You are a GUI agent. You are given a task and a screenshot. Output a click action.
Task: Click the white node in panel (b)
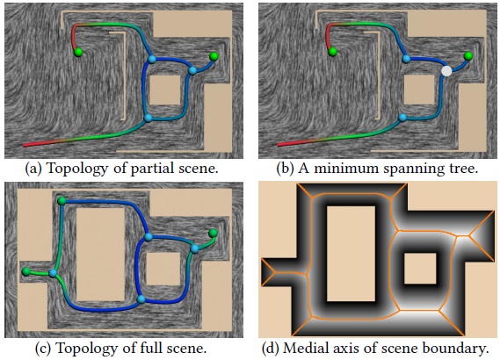[x=446, y=71]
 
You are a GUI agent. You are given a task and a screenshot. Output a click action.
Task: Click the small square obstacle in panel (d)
[x=420, y=269]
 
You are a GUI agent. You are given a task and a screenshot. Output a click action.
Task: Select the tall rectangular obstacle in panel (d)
[x=351, y=254]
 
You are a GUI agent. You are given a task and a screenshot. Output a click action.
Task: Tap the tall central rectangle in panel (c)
[x=100, y=255]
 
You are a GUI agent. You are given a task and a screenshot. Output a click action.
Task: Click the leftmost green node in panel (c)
[x=26, y=271]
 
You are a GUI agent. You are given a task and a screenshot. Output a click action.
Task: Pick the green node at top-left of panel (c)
[x=62, y=201]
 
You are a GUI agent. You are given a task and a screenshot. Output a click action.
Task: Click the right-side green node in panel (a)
[x=214, y=57]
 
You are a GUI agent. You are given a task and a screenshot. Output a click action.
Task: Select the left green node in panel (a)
[x=78, y=53]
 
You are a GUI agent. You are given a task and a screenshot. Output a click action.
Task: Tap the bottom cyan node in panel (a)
[x=148, y=119]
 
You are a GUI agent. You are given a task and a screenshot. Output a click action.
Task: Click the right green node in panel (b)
[x=467, y=56]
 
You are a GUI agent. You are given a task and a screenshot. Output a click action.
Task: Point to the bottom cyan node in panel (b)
[x=402, y=118]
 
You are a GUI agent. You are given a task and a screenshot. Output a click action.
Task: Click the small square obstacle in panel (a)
[x=165, y=90]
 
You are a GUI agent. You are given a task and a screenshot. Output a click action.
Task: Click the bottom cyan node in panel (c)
[x=141, y=299]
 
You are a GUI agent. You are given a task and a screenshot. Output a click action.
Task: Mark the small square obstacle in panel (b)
[x=419, y=90]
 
